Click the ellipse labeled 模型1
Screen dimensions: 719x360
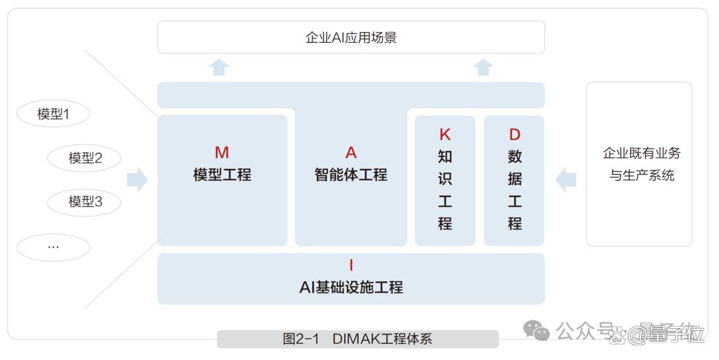(x=53, y=113)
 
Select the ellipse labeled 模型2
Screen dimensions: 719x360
(x=85, y=158)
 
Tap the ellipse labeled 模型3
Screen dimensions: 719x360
(x=85, y=202)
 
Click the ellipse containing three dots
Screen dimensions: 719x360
(x=53, y=247)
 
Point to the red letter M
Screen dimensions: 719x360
(x=222, y=152)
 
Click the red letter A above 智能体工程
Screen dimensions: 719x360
(x=351, y=152)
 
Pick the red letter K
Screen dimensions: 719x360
(x=445, y=134)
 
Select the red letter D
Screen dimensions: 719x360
(x=515, y=134)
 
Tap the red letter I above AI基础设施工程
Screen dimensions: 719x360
(x=352, y=265)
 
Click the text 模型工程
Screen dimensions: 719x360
(x=222, y=174)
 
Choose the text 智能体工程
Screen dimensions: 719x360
(x=351, y=174)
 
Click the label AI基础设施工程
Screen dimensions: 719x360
(x=352, y=287)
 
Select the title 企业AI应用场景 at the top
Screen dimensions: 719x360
(x=352, y=37)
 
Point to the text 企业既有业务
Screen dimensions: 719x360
(x=642, y=153)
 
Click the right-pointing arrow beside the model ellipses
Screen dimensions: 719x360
(x=137, y=179)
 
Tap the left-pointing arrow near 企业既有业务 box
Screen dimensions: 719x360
(x=566, y=179)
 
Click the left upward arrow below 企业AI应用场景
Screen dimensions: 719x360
(x=219, y=67)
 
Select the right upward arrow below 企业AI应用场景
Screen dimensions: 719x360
(x=483, y=67)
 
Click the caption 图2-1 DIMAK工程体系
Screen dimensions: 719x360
(x=358, y=339)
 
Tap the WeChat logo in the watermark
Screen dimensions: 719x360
(x=536, y=330)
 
